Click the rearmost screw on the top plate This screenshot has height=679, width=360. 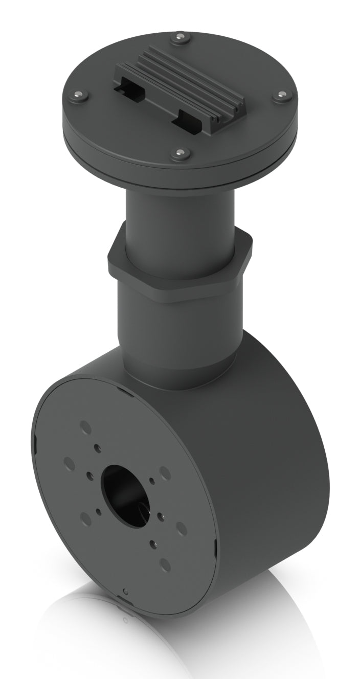180,37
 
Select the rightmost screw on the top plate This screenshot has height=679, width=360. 282,95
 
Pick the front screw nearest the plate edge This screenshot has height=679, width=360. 180,153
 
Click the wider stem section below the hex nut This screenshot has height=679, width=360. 179,327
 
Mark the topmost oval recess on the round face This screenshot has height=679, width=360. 85,426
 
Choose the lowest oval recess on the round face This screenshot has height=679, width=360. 165,564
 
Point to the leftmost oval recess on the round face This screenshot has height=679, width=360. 69,463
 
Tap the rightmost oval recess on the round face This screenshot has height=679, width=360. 181,528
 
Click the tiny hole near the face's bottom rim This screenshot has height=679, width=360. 126,592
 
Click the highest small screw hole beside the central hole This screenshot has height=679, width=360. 97,448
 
